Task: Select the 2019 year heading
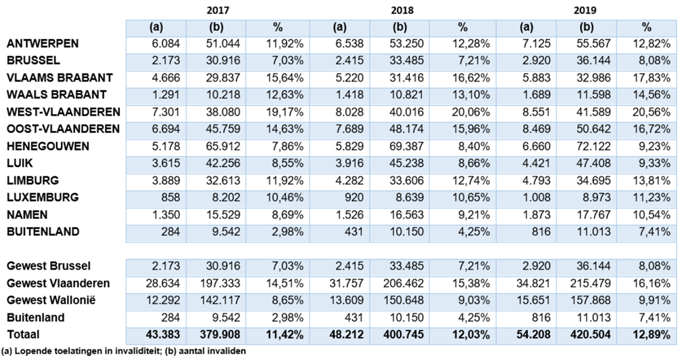pos(585,11)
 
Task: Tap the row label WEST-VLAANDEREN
pos(63,112)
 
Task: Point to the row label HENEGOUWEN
pos(48,146)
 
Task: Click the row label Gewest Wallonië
pos(57,300)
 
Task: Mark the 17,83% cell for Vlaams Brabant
pos(654,78)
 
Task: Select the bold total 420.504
pos(590,334)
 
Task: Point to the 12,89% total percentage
pos(652,334)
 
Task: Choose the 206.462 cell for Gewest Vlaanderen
pos(404,283)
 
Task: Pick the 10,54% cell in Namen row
pos(654,214)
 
